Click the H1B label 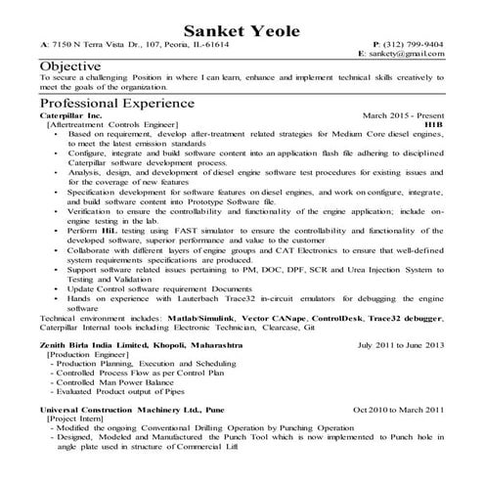pos(434,125)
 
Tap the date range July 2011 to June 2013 pos(401,345)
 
